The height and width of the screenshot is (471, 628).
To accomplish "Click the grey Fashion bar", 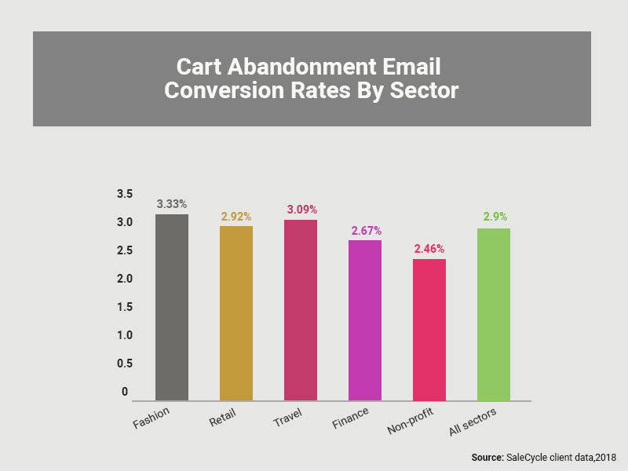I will coord(172,307).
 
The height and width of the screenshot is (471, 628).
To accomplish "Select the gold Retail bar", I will coord(236,313).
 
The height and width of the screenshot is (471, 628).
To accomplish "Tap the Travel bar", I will coord(301,310).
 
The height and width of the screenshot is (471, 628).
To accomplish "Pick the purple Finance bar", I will coord(365,320).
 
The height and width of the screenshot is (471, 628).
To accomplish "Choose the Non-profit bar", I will coord(429,330).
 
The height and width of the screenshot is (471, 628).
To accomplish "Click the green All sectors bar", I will coord(494,314).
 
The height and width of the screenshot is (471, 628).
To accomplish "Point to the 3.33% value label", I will coord(172,203).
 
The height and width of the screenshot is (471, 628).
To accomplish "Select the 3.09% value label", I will coord(301,210).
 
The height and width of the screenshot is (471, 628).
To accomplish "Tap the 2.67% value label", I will coord(365,230).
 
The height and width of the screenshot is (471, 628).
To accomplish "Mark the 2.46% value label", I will coord(429,248).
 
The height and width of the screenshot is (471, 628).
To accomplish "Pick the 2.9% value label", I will coord(494,217).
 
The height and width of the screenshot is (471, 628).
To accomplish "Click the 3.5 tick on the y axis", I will coord(125,194).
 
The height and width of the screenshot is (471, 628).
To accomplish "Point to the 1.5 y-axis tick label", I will coord(125,307).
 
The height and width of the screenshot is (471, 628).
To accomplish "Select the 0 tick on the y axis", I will coord(124,392).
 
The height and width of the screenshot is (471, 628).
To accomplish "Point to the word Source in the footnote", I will coord(487,457).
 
